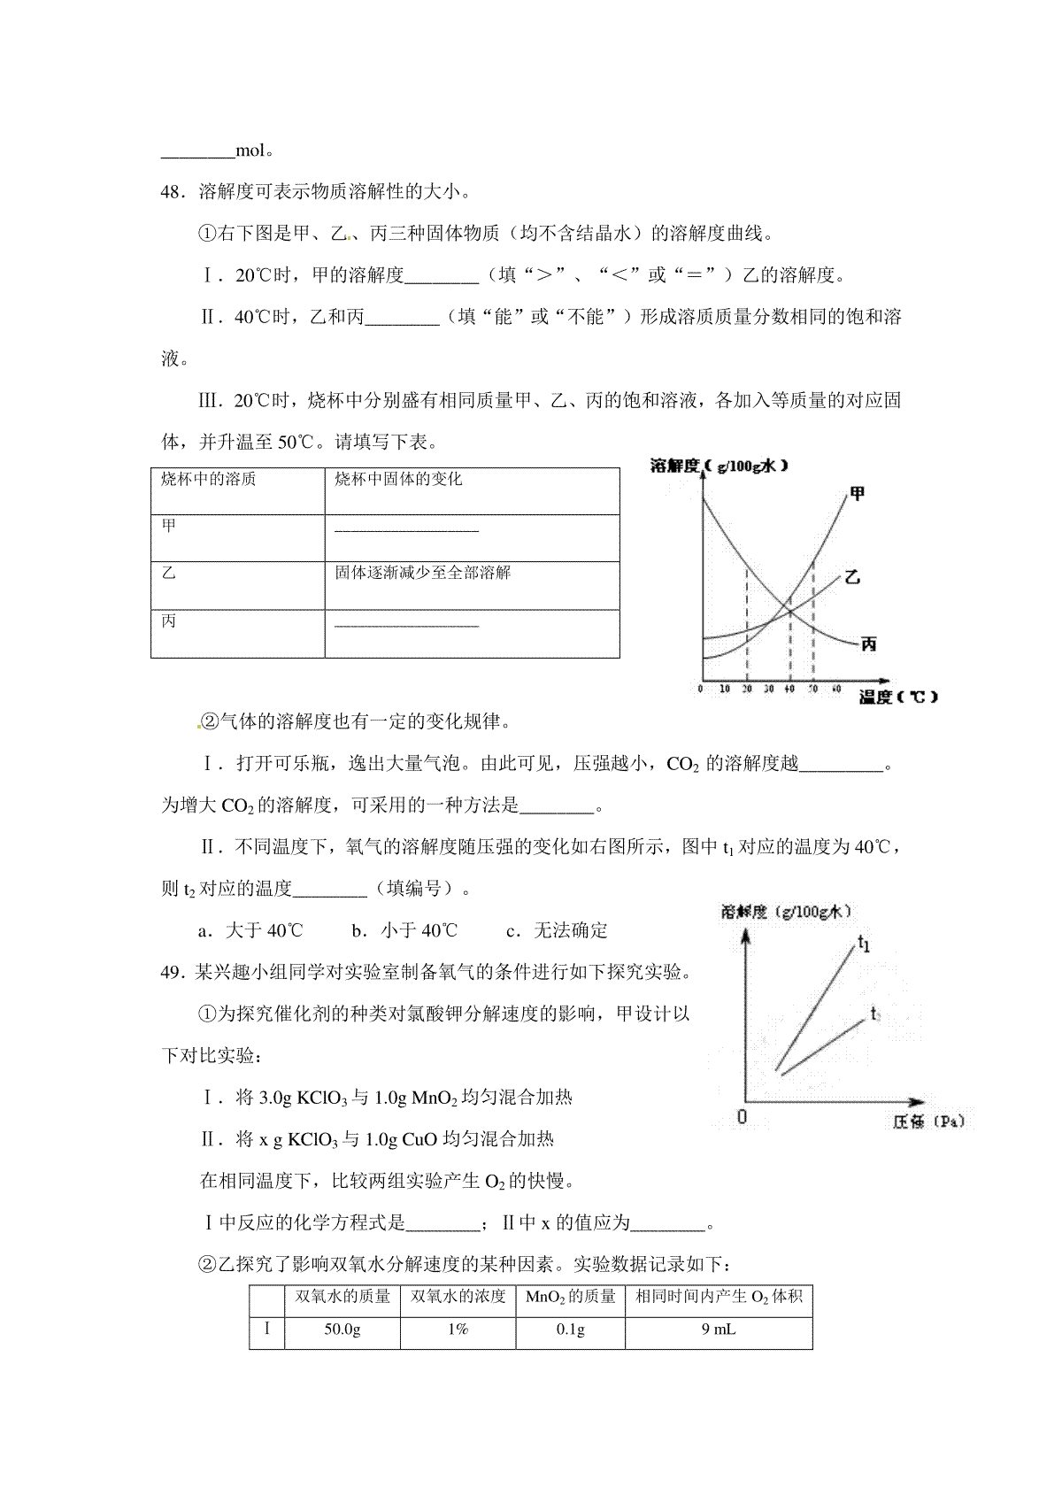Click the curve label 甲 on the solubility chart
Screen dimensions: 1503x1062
(x=856, y=493)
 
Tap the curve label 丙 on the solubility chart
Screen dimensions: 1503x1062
(x=868, y=644)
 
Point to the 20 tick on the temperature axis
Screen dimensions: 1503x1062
(x=747, y=689)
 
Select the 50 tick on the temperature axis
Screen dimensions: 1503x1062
(x=813, y=689)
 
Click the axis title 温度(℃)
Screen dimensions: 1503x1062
(x=897, y=697)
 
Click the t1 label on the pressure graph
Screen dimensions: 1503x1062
(x=865, y=944)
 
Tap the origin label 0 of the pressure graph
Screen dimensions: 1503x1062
(x=742, y=1117)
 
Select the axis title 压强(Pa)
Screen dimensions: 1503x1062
(x=927, y=1121)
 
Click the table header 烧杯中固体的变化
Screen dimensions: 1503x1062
(x=398, y=479)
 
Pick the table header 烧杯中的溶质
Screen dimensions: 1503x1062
(x=208, y=479)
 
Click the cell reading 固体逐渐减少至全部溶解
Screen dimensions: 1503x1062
(x=423, y=573)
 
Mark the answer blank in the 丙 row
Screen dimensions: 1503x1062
(x=407, y=626)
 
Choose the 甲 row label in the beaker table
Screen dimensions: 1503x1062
(x=169, y=526)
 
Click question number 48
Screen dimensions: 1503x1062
(x=171, y=191)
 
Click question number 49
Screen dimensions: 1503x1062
(x=171, y=972)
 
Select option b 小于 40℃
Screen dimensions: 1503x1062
(x=404, y=930)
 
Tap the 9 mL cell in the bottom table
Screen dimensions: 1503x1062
(x=718, y=1329)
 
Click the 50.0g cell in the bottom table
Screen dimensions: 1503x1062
(x=342, y=1329)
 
